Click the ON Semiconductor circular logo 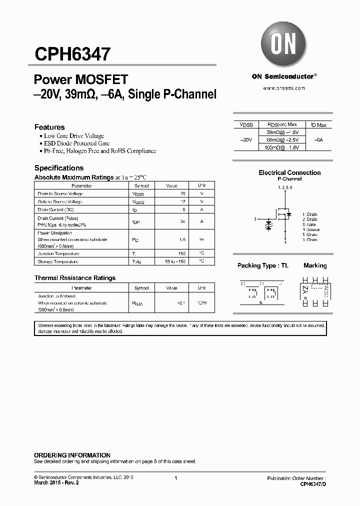pos(283,44)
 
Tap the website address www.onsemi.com pos(283,87)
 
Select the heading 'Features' pos(49,127)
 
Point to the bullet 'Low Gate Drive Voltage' pos(73,136)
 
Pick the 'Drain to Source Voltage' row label pos(60,193)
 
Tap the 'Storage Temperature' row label pos(57,261)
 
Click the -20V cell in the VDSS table pos(246,140)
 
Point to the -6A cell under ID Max pos(318,140)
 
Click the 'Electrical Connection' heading pos(289,172)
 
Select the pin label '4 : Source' pos(311,229)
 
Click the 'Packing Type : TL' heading pos(263,265)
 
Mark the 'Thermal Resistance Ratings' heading pos(75,278)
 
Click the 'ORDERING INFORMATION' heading pos(72,455)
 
